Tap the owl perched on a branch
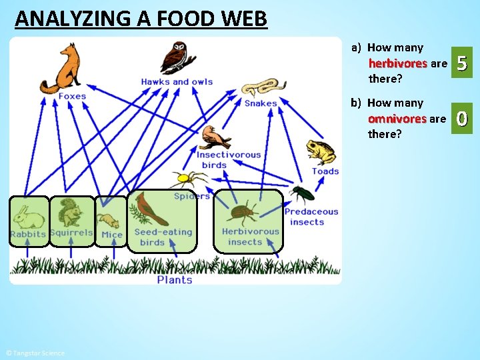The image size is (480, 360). [x=178, y=57]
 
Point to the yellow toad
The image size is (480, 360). [x=322, y=152]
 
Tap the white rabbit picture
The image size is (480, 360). [x=29, y=217]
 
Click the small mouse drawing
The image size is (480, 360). [x=109, y=221]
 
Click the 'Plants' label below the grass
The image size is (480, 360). [x=175, y=280]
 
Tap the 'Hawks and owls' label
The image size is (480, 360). [x=177, y=82]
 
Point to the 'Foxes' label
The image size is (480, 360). [x=72, y=97]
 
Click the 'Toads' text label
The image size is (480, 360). [x=325, y=171]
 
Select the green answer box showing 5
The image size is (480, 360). [x=463, y=65]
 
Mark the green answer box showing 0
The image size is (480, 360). [x=463, y=120]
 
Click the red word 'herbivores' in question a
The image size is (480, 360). [x=398, y=64]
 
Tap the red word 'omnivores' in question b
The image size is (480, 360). [x=397, y=119]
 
